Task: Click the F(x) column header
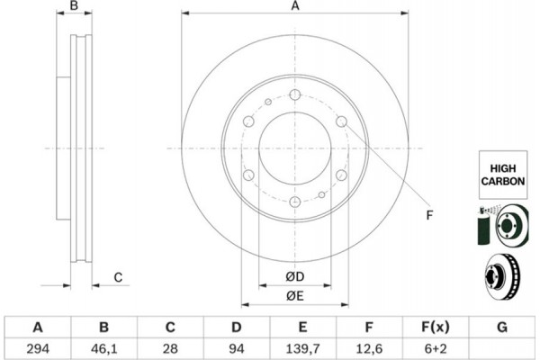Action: [x=436, y=326]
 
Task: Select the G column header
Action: [x=503, y=326]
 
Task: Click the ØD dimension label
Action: [x=294, y=275]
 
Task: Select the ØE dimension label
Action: [x=294, y=295]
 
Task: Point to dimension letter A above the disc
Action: [x=294, y=7]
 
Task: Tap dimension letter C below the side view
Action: [x=118, y=276]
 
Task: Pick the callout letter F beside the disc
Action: [x=429, y=213]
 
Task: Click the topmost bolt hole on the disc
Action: [x=295, y=94]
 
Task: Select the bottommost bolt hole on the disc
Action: [x=295, y=202]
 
